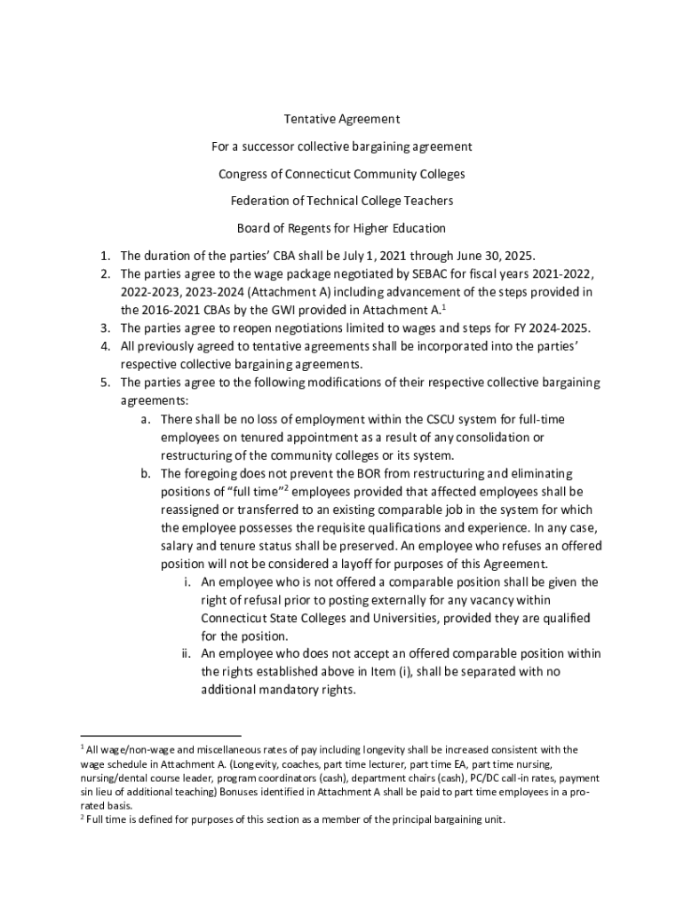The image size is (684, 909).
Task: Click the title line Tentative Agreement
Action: [342, 119]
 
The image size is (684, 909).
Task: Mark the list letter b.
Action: [145, 473]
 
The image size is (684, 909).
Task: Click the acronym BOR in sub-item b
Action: [356, 473]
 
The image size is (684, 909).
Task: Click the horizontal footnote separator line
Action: [161, 736]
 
